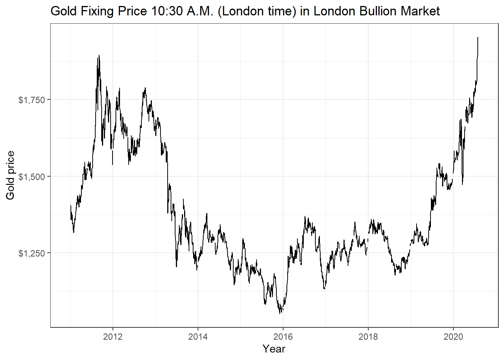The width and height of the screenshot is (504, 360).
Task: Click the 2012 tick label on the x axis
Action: [x=113, y=337]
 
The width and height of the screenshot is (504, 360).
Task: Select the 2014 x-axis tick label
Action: [x=198, y=337]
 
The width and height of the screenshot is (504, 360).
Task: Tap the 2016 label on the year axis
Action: [x=283, y=337]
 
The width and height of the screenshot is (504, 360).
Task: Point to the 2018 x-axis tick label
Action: [x=368, y=337]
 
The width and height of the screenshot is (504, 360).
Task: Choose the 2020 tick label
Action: [x=453, y=337]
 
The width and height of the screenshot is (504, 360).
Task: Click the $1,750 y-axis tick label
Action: [x=31, y=100]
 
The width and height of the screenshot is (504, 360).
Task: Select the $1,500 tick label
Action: [x=31, y=177]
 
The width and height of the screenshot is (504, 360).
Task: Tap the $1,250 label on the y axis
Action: [x=31, y=253]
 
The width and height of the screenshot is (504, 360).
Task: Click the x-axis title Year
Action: [x=274, y=349]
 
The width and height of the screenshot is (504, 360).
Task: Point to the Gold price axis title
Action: [x=10, y=175]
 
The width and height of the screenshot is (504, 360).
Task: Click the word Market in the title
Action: [x=420, y=11]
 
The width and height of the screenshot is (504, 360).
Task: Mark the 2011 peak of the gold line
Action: [x=99, y=55]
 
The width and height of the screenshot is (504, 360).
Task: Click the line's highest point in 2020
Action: [x=478, y=37]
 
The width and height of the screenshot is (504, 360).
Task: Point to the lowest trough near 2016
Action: [x=280, y=313]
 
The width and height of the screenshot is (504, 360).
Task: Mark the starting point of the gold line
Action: [x=70, y=205]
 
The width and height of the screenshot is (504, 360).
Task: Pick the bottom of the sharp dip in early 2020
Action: [x=462, y=184]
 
